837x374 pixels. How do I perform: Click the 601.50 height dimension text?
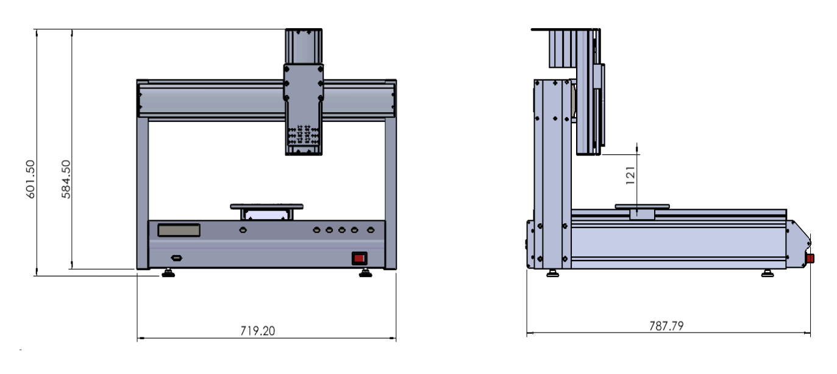(x=30, y=179)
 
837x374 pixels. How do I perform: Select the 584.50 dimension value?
(x=66, y=179)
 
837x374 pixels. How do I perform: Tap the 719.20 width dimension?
(x=257, y=331)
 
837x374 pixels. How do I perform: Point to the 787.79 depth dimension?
(x=666, y=326)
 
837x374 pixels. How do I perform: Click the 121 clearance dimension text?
(x=630, y=175)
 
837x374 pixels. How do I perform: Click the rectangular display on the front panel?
(x=179, y=230)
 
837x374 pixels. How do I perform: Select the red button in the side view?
(x=810, y=259)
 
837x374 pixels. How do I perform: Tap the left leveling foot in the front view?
(x=168, y=273)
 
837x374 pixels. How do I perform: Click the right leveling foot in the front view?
(x=365, y=273)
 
